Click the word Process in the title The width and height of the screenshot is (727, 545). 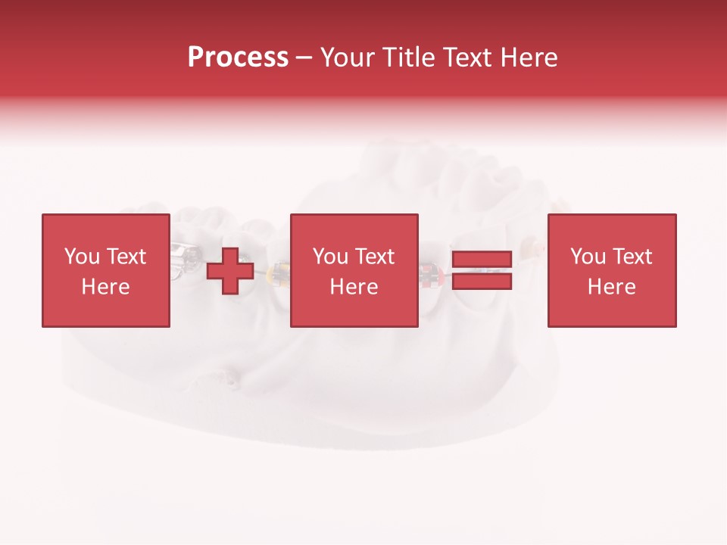(238, 58)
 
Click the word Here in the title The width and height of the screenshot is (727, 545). (532, 58)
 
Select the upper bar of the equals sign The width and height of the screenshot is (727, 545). (482, 260)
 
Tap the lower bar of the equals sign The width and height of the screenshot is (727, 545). (482, 282)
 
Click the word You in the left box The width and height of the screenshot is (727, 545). (82, 257)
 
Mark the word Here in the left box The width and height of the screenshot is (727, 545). (105, 287)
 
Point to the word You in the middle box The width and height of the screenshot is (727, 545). (330, 257)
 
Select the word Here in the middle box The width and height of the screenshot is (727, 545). (354, 287)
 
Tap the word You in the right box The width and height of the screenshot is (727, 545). (588, 257)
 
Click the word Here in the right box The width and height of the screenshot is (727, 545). (611, 287)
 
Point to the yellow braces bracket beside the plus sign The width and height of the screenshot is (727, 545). (279, 274)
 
